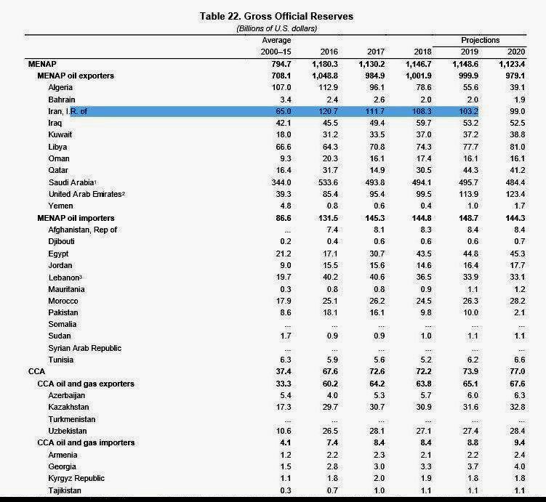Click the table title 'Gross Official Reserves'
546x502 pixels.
pos(298,17)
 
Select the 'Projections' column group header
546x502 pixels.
pos(480,40)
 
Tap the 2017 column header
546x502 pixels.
pos(376,52)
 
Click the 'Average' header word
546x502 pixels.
pos(276,40)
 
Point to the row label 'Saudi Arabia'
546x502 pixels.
pos(71,182)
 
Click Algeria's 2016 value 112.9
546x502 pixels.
pos(329,87)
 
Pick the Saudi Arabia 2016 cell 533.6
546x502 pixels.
pos(328,182)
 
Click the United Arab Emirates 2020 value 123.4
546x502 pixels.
pos(515,194)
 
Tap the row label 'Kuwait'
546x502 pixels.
pos(60,134)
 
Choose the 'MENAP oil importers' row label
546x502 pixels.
pos(76,218)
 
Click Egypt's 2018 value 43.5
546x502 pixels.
pos(424,254)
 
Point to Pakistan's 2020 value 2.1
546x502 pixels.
pos(519,312)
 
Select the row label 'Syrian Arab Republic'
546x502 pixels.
pos(84,348)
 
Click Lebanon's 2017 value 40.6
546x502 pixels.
pos(377,278)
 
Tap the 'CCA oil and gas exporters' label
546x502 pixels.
pos(86,384)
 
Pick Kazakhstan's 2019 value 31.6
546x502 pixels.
pos(470,407)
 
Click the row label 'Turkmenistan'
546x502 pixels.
pos(71,419)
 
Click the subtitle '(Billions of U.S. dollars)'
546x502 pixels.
pos(276,28)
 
